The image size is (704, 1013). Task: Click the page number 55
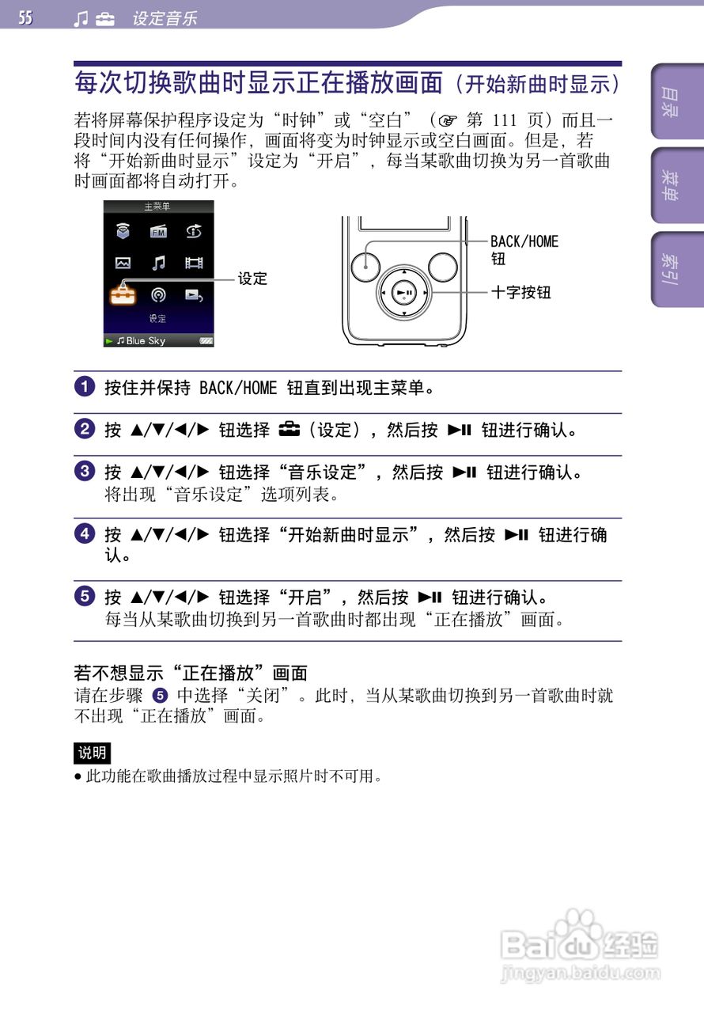coord(25,17)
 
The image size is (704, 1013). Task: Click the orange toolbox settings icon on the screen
coord(122,294)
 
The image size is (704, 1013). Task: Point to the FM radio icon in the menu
coord(158,232)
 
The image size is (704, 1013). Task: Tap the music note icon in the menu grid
coord(158,263)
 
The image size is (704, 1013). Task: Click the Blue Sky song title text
coord(146,340)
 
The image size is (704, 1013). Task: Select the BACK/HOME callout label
coord(524,241)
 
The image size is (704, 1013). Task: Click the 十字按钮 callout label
coord(520,293)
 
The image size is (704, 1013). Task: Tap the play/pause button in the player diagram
coord(404,293)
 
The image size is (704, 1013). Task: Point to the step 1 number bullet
coord(84,388)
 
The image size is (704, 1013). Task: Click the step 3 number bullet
coord(84,472)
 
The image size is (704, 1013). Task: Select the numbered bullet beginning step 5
coord(84,597)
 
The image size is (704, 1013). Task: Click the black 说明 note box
coord(92,753)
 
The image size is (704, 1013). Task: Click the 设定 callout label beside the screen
coord(253,279)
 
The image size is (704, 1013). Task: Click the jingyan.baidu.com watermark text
coord(581,973)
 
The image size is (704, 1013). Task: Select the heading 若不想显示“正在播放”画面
coord(191,673)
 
